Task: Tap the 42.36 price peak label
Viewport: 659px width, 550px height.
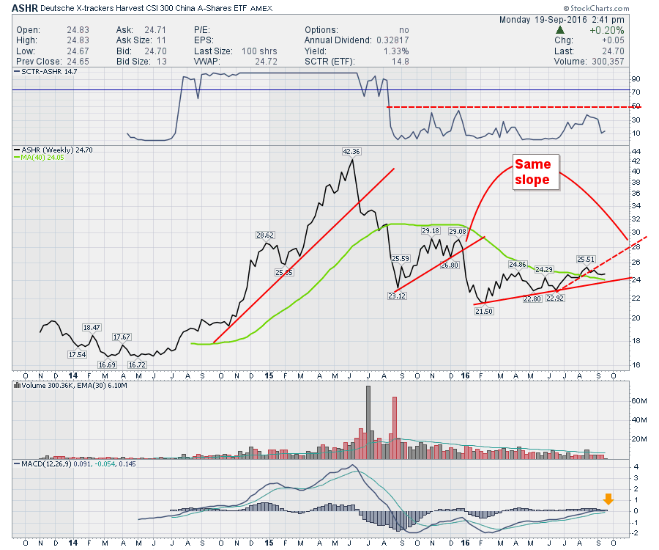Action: (x=352, y=152)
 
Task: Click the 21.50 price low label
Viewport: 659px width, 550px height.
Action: (x=483, y=312)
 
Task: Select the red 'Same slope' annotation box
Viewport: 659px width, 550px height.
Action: (x=537, y=172)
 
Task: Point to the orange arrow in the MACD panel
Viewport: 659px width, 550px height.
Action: (x=608, y=500)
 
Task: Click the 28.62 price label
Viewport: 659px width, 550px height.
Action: (x=264, y=235)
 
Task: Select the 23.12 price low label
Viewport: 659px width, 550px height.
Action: (x=395, y=296)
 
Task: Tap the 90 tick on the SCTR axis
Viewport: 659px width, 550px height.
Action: (x=636, y=78)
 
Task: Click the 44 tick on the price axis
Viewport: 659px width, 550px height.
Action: (x=636, y=150)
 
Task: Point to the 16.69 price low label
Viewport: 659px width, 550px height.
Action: (x=108, y=364)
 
